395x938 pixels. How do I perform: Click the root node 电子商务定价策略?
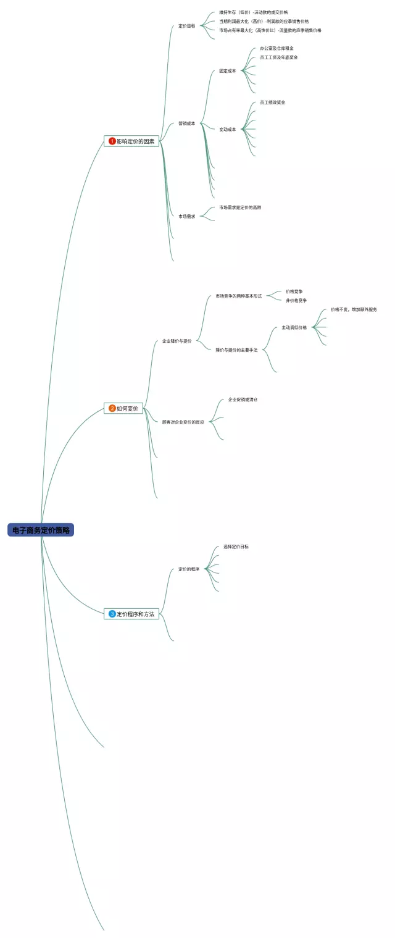point(41,530)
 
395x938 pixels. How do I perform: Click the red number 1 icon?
point(112,141)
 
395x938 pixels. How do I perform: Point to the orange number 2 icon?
point(112,408)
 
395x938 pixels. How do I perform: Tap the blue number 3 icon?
point(112,614)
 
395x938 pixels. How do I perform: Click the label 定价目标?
point(187,26)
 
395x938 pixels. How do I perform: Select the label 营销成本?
point(187,124)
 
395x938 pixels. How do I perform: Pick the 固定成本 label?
point(227,71)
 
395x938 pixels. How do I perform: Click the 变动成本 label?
point(227,130)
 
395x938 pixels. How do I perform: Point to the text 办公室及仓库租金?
point(276,48)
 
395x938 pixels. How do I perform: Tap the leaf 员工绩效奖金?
point(272,103)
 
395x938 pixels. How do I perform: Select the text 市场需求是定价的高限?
point(240,207)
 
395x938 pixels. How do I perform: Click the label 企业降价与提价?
point(177,341)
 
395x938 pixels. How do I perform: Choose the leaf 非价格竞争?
point(296,300)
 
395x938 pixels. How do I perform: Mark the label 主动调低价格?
point(294,327)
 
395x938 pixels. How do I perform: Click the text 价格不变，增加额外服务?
point(354,309)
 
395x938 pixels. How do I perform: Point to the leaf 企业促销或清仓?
point(243,400)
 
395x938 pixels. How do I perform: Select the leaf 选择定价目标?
point(236,546)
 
